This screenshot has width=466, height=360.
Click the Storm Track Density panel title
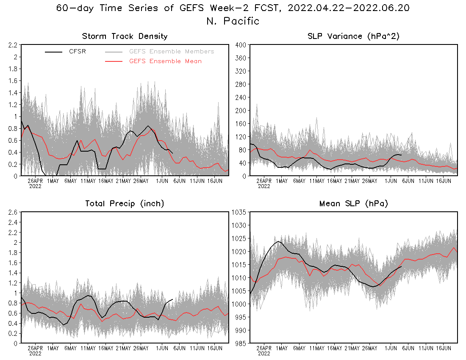[x=125, y=36]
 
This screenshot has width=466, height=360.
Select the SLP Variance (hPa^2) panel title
[x=354, y=36]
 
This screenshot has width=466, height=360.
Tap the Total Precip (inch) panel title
[x=125, y=204]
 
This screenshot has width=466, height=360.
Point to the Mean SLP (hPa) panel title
[x=354, y=204]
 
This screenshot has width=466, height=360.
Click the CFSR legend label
[x=78, y=52]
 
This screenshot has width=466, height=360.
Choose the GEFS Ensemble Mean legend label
[x=165, y=61]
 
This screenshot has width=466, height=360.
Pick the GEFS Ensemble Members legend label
[x=172, y=52]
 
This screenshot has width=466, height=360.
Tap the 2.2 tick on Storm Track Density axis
[x=13, y=45]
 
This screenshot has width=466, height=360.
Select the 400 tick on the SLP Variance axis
[x=241, y=45]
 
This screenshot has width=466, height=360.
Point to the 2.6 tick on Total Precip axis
[x=13, y=212]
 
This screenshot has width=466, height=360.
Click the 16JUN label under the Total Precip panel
[x=215, y=349]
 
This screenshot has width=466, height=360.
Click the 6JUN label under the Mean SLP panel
[x=408, y=349]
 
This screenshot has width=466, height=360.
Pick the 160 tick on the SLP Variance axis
[x=241, y=124]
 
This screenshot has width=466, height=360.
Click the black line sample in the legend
[x=54, y=52]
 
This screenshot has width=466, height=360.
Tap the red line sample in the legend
[x=114, y=61]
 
